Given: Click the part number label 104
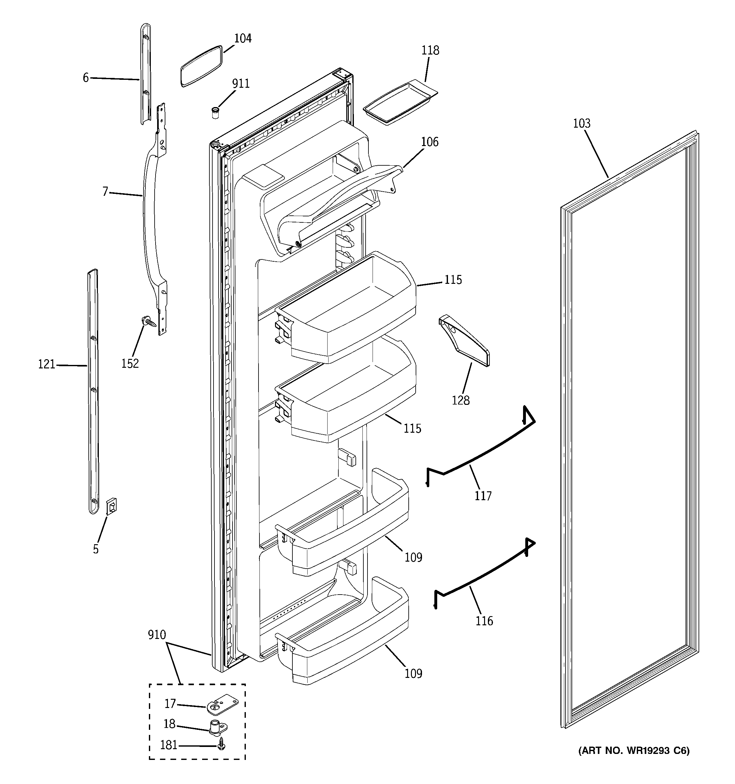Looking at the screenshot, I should click(x=243, y=38).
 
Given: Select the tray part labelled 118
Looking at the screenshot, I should click(x=399, y=104).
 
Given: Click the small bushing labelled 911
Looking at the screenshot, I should click(x=215, y=112).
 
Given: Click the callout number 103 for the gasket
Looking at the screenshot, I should click(x=582, y=124).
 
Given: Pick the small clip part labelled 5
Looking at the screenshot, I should click(x=112, y=506).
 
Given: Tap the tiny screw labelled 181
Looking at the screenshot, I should click(x=221, y=744).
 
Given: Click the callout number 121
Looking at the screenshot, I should click(x=47, y=364).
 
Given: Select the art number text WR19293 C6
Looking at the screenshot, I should click(x=634, y=762).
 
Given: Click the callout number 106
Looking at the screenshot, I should click(x=429, y=142).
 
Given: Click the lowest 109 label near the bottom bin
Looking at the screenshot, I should click(x=413, y=673).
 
